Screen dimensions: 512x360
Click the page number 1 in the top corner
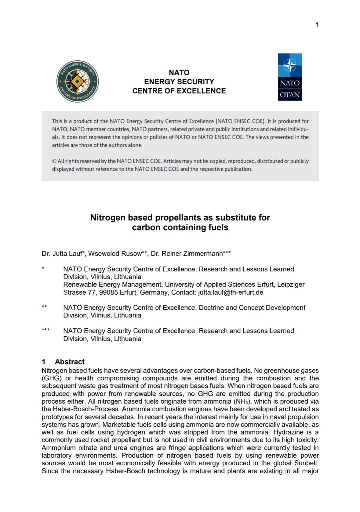coord(317,25)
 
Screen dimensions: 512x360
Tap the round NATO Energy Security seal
coord(77,81)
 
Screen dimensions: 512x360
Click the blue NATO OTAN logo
coord(290,77)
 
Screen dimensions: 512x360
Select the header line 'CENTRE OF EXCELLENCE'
coord(179,91)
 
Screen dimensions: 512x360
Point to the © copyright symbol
coord(54,161)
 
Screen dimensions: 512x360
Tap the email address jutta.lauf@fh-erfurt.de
coord(230,293)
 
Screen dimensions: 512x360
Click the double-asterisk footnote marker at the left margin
coord(44,307)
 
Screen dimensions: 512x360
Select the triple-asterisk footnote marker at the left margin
coord(45,330)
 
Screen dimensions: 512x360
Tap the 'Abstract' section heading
coord(69,362)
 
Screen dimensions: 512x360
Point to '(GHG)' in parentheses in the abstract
coord(52,378)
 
